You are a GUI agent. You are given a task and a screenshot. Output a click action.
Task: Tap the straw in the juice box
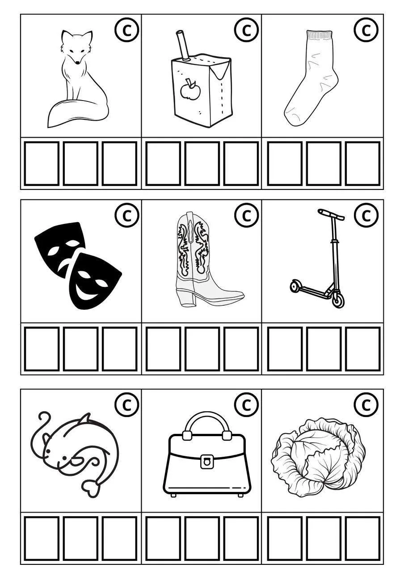pos(183,46)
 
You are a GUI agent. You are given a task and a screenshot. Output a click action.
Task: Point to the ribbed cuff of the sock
pos(320,35)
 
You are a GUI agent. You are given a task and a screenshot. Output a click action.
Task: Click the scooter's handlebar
pos(331,214)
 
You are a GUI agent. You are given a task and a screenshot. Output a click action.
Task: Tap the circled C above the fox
pos(126,30)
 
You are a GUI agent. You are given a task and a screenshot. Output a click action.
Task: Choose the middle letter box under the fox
pos(81,164)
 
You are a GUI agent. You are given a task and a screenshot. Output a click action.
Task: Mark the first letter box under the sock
pos(285,164)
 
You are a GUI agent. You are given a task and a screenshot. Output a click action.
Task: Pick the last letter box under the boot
pos(241,349)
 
